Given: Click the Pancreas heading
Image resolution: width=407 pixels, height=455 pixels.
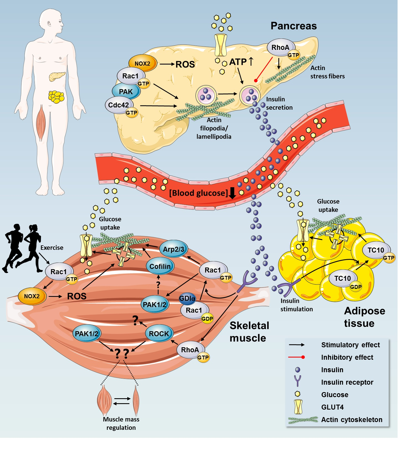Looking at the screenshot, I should (x=293, y=26).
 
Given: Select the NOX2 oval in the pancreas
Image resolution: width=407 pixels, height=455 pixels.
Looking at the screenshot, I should (x=143, y=63).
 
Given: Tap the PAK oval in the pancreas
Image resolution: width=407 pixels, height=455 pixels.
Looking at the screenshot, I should (x=126, y=92).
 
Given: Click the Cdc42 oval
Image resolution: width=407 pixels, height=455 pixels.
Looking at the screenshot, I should (x=118, y=105).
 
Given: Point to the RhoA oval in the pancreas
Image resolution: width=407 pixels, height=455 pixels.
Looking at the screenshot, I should (x=280, y=48).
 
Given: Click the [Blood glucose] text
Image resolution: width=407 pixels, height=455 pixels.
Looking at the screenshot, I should (x=198, y=193).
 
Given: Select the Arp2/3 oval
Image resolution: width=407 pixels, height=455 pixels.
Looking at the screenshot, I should (x=173, y=249).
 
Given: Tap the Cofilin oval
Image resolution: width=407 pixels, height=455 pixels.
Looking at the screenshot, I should (x=160, y=266).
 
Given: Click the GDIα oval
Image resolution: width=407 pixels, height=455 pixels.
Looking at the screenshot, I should (x=187, y=299).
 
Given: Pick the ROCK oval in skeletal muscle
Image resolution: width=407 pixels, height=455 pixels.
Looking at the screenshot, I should (x=159, y=334).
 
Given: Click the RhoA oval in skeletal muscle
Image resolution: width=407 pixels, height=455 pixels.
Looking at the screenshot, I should (x=190, y=350).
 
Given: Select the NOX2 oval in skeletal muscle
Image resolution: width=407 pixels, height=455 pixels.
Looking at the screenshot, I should (x=32, y=296).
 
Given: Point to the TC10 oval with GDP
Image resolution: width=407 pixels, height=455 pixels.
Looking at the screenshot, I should (x=342, y=278).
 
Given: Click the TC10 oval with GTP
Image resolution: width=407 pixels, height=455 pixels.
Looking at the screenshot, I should (x=376, y=250).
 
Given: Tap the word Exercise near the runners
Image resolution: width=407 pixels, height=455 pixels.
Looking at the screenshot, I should (x=52, y=248).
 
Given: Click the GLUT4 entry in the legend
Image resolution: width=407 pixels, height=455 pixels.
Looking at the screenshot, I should (x=332, y=407).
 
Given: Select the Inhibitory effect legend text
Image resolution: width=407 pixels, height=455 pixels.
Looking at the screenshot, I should (x=347, y=357).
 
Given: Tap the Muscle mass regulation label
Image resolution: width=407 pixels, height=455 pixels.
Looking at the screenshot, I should (x=121, y=423).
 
